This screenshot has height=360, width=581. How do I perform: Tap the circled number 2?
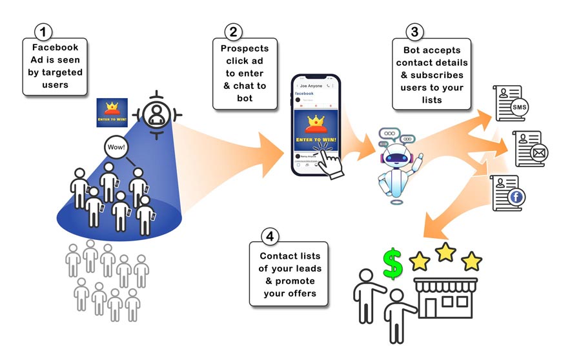(234, 31)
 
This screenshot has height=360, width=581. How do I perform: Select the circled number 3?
(414, 31)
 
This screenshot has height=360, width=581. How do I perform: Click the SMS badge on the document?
(518, 108)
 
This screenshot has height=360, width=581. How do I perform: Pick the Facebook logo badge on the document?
(516, 198)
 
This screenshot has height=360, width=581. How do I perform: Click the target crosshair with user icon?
(155, 115)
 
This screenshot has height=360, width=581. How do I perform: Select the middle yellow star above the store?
(446, 252)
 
